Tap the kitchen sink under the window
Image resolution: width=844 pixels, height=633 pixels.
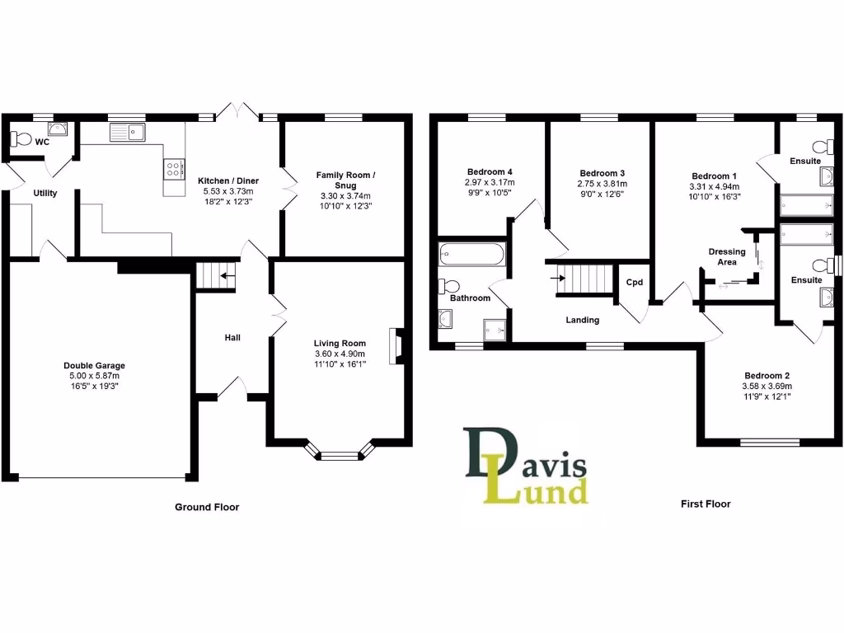pyautogui.click(x=126, y=132)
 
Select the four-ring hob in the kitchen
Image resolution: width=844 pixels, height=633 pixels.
pyautogui.click(x=175, y=169)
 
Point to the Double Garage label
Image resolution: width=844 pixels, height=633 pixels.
pyautogui.click(x=94, y=366)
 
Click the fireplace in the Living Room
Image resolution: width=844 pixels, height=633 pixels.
pyautogui.click(x=397, y=346)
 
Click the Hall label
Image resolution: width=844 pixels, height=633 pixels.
pyautogui.click(x=232, y=337)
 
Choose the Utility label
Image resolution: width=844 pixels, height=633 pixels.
pyautogui.click(x=45, y=193)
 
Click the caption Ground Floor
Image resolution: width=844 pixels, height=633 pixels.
pyautogui.click(x=207, y=507)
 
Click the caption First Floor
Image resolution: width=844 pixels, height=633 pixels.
pyautogui.click(x=705, y=504)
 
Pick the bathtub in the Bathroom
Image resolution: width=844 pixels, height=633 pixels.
pyautogui.click(x=471, y=254)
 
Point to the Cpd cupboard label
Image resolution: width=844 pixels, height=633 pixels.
pyautogui.click(x=634, y=282)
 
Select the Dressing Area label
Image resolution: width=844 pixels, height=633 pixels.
pyautogui.click(x=726, y=256)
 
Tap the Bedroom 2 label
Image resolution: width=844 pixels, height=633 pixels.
pyautogui.click(x=767, y=372)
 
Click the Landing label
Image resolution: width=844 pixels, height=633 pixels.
pyautogui.click(x=582, y=320)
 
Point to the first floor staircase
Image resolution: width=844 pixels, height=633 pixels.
pyautogui.click(x=586, y=277)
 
